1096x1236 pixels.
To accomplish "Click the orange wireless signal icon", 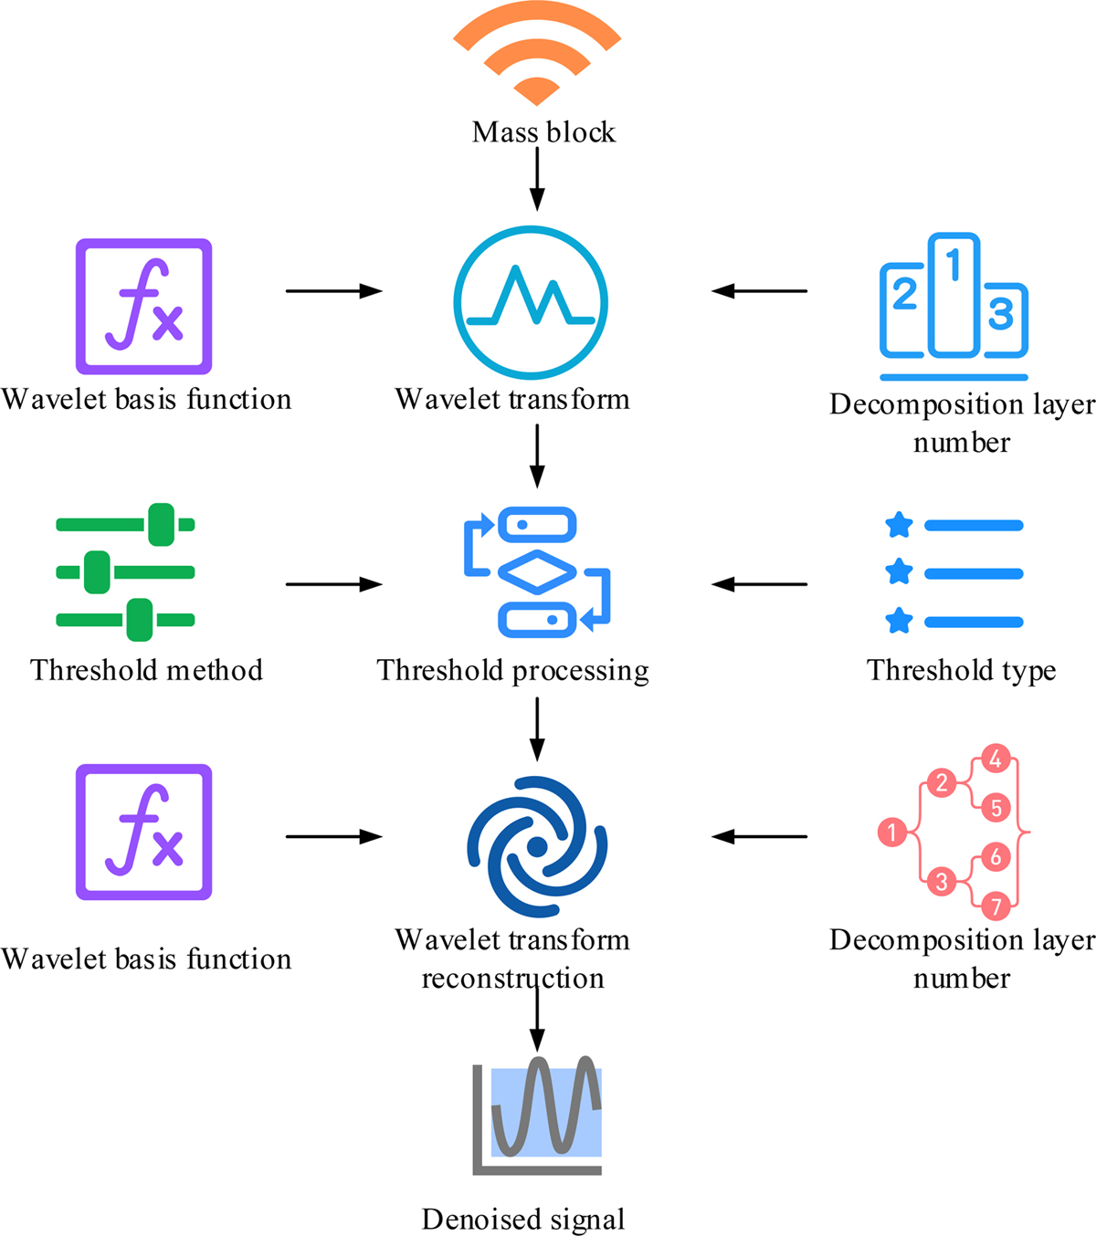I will (x=537, y=55).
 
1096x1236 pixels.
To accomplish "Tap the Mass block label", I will (x=543, y=132).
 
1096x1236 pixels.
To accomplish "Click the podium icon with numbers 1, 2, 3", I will (x=954, y=306).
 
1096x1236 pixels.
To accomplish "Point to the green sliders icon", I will (x=126, y=572).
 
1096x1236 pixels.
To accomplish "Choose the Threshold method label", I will (x=146, y=670).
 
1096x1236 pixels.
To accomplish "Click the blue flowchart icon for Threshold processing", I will (x=537, y=572).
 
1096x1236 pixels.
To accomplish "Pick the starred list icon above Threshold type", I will (x=954, y=573).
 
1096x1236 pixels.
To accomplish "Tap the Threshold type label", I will (x=961, y=670).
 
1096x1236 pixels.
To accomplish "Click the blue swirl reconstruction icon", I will (x=537, y=846).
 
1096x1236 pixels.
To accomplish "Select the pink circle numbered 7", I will (x=996, y=906).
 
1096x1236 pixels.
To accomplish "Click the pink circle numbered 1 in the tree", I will (x=891, y=832).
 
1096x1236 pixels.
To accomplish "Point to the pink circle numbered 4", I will (x=996, y=758).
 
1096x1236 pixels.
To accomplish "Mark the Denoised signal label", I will (x=523, y=1220).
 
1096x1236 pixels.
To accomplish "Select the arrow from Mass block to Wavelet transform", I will (x=537, y=179).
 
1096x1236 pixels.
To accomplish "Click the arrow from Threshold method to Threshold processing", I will (x=333, y=584).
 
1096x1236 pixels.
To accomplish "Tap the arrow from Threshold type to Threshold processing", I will (x=759, y=584).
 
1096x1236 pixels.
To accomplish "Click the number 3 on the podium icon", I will (x=1001, y=313).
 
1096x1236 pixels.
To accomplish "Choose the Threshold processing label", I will (x=512, y=670).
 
